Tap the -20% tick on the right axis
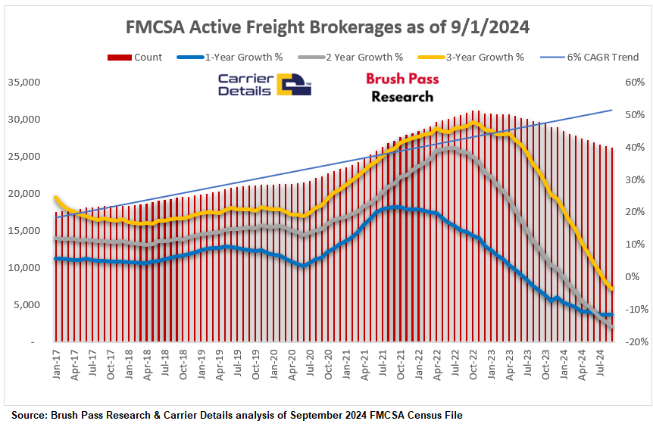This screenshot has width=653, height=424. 630,342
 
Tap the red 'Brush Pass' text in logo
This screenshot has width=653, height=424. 402,79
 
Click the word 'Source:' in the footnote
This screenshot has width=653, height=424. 30,415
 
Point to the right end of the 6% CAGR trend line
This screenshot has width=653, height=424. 611,111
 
